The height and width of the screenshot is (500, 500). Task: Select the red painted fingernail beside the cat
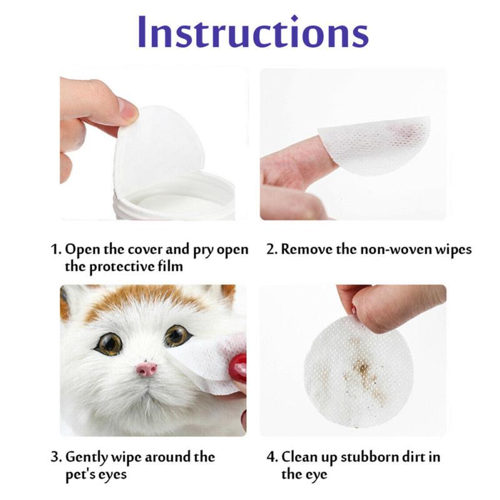[238, 368]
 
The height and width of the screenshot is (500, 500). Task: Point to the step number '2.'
[272, 250]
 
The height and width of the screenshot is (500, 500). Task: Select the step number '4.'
[272, 457]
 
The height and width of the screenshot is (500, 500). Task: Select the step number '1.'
[56, 250]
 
